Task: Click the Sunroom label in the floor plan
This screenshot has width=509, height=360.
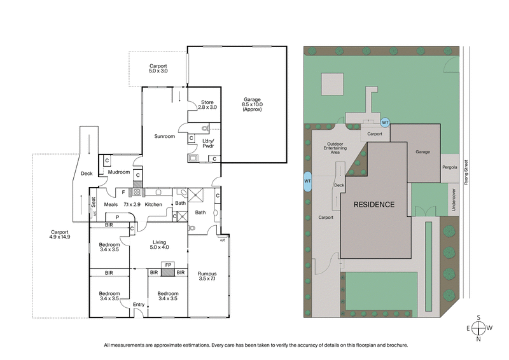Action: point(165,136)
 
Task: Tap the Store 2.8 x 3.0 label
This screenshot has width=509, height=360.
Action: point(207,105)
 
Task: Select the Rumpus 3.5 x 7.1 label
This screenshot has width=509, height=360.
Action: point(207,275)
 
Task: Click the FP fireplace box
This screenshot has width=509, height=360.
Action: point(167,265)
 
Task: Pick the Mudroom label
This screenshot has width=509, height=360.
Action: point(118,172)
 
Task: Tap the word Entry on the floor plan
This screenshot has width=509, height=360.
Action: point(139,305)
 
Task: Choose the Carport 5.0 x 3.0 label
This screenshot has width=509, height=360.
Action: point(158,68)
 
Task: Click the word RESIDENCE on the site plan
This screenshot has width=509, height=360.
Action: point(375,204)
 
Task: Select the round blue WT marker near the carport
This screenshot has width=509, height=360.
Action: point(385,121)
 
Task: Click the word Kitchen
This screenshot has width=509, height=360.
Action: point(153,204)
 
